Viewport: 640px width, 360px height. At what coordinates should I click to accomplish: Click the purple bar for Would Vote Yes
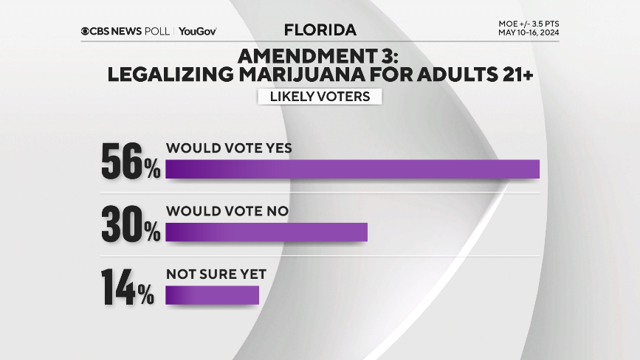point(352,169)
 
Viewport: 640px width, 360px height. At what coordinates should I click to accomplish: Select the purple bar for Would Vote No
point(266,232)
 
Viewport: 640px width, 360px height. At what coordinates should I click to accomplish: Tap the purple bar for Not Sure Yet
point(213,294)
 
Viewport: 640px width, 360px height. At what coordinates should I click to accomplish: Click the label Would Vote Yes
point(229,148)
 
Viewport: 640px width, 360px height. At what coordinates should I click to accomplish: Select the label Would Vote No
point(227,211)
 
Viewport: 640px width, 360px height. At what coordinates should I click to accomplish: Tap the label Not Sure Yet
point(216,274)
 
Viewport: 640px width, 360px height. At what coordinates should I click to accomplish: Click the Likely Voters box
point(320,97)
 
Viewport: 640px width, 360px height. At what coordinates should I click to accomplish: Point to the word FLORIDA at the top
point(320,30)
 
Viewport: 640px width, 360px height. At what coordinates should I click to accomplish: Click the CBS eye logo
point(86,32)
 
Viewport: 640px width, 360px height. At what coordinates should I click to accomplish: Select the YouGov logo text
point(197,32)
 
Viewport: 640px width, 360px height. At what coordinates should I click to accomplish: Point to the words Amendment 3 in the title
point(319,55)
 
